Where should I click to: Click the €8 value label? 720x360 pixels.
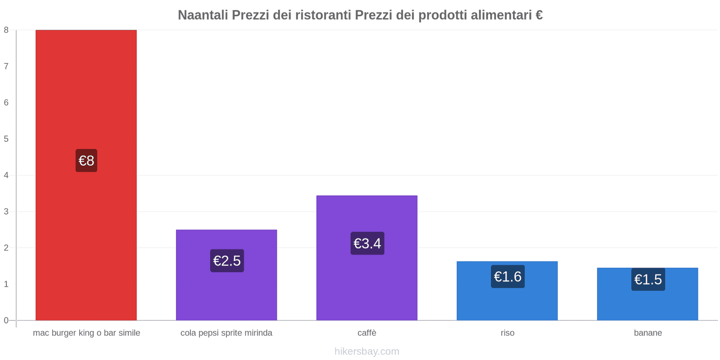point(86,161)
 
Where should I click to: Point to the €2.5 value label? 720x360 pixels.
point(227,261)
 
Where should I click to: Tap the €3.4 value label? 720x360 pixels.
point(367,243)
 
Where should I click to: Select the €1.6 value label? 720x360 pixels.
point(508,276)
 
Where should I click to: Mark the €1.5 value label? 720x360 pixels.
point(648,279)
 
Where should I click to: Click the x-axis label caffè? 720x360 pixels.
point(367,333)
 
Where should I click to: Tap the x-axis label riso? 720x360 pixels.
point(507,333)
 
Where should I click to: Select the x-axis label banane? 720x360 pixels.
point(648,333)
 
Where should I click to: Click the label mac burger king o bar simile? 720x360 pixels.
point(86,333)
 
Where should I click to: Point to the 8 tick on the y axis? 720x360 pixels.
point(6,30)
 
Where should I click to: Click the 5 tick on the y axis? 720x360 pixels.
point(6,139)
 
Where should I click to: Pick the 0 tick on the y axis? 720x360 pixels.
point(6,320)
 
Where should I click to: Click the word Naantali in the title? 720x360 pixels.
point(203,15)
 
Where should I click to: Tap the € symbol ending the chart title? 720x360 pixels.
point(539,15)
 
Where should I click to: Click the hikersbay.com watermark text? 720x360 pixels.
point(367,351)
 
